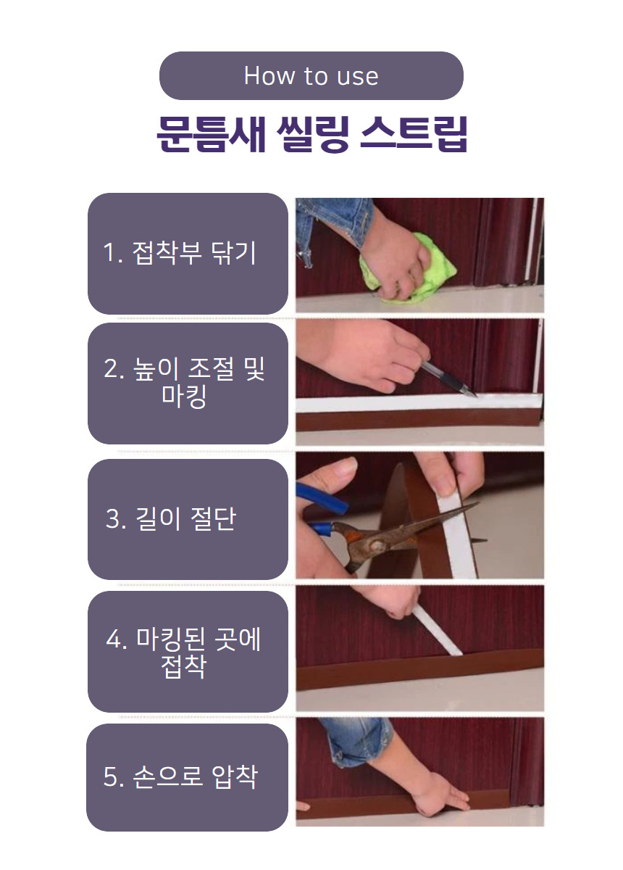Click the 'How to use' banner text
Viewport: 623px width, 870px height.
(311, 75)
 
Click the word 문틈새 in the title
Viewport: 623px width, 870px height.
(212, 133)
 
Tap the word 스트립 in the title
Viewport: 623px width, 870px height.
(414, 133)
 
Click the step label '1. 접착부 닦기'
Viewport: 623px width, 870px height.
(180, 253)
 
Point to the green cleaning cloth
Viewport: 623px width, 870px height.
(408, 269)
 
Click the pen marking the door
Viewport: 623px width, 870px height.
(448, 378)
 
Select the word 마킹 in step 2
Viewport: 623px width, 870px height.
(183, 396)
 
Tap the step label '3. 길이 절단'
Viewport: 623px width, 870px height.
(170, 518)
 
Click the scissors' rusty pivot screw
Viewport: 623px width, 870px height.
(375, 546)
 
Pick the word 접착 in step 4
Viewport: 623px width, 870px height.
(183, 666)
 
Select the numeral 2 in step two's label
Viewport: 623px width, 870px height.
(110, 368)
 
